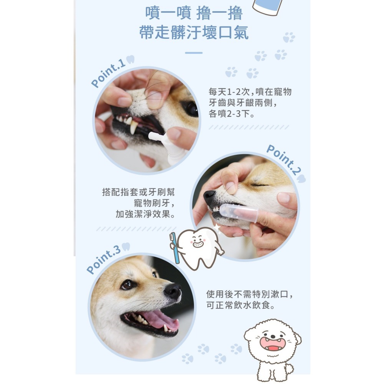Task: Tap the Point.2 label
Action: click(282, 160)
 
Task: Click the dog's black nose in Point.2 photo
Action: click(209, 197)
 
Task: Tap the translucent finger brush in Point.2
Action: click(240, 212)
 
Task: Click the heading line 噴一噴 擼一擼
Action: click(194, 14)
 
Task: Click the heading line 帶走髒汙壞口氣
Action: click(194, 33)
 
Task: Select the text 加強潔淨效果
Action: click(145, 214)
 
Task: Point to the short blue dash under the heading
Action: click(194, 53)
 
